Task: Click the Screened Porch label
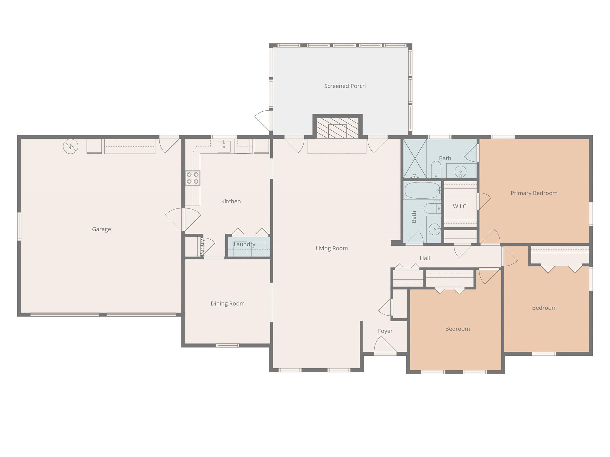pos(345,86)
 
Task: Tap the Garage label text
pos(101,229)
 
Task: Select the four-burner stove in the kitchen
pos(193,178)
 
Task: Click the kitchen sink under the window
pos(224,146)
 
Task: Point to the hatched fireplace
pos(337,128)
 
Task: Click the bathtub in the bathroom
pos(422,190)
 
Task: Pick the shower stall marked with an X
pos(415,158)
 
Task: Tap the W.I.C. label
pos(460,206)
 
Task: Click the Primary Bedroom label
pos(534,193)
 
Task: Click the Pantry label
pos(202,247)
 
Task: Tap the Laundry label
pos(244,244)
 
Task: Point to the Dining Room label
pos(227,304)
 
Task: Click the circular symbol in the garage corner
pos(71,146)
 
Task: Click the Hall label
pos(425,258)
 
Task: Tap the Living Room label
pos(331,248)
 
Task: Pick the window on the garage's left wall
pos(19,226)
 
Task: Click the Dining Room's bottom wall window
pos(227,345)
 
